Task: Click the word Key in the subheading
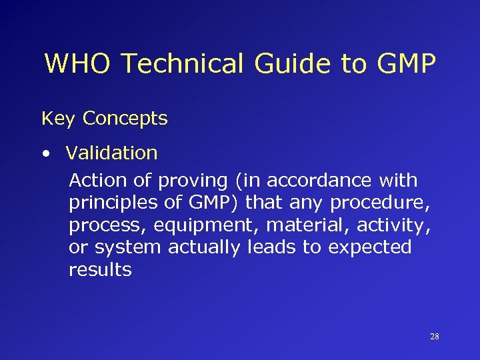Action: click(58, 119)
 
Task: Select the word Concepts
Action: click(125, 119)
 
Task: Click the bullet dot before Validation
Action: click(45, 154)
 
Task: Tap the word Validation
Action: click(112, 153)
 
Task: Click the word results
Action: click(100, 270)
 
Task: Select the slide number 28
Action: click(435, 337)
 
